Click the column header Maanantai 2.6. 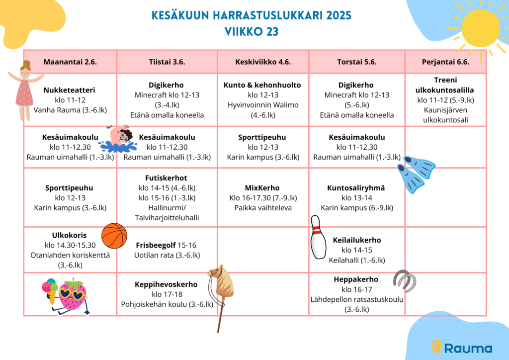point(70,62)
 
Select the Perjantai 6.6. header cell point(445,62)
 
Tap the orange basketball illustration point(114,236)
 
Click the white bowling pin point(318,237)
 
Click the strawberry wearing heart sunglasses point(73,294)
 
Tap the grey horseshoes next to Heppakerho point(405,280)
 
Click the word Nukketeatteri point(69,90)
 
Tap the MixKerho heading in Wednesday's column point(262,188)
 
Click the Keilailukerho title point(357,240)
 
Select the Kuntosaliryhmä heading point(356,188)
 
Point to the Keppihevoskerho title point(166,284)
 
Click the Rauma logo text point(468,348)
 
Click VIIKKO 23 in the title point(252,32)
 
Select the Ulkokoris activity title point(69,235)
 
